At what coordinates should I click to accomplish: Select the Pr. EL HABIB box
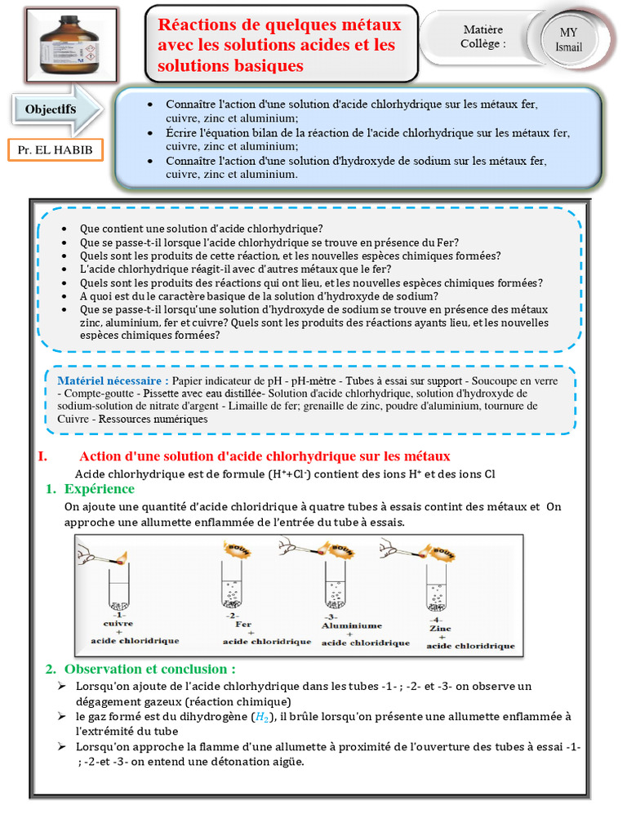pyautogui.click(x=56, y=150)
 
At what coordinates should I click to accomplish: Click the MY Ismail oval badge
pyautogui.click(x=569, y=40)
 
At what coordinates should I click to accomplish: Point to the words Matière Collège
pyautogui.click(x=482, y=37)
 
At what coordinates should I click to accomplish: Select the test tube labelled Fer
pyautogui.click(x=232, y=585)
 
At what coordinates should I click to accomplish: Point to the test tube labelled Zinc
pyautogui.click(x=437, y=588)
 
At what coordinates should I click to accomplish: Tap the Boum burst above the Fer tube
pyautogui.click(x=238, y=548)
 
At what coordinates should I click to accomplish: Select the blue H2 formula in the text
pyautogui.click(x=261, y=717)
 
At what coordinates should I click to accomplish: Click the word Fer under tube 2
pyautogui.click(x=232, y=624)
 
